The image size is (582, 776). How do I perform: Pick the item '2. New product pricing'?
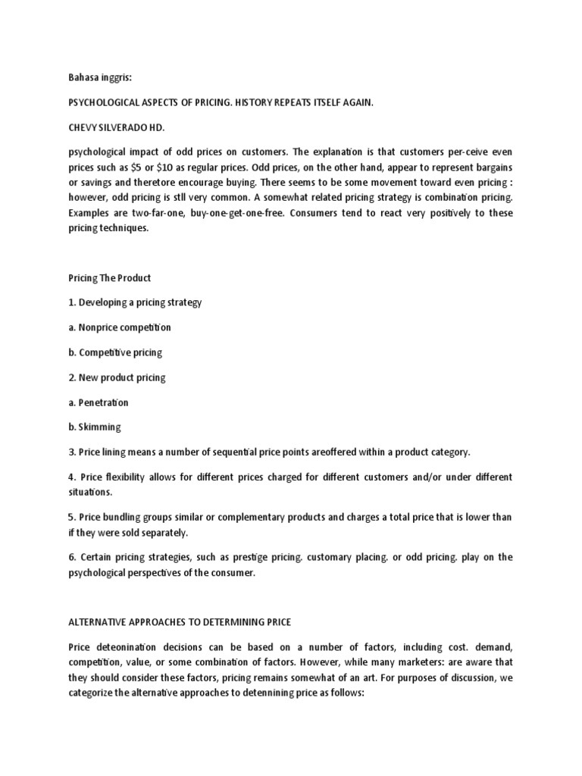117,377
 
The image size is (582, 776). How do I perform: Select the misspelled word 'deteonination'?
127,646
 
